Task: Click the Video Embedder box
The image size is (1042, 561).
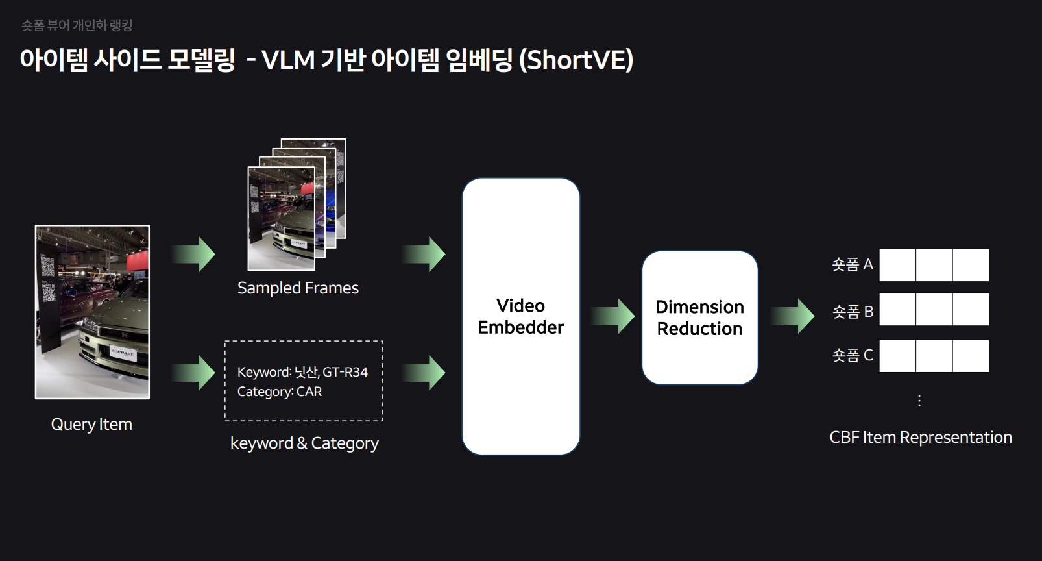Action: click(x=520, y=316)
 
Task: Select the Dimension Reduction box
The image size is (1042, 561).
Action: click(x=699, y=318)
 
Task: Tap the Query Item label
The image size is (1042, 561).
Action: click(x=91, y=424)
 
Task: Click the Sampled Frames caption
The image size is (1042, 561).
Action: click(x=298, y=288)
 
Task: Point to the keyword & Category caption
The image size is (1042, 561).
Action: click(x=304, y=443)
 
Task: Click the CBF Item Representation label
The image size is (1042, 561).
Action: click(x=920, y=437)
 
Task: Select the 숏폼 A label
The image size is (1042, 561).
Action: click(x=852, y=264)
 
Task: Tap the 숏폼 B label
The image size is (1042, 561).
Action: click(x=852, y=312)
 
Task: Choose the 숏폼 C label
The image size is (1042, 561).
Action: click(x=852, y=355)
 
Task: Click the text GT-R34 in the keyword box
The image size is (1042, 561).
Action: click(x=345, y=372)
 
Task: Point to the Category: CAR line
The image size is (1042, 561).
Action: click(x=280, y=392)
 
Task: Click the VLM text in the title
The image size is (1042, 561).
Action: click(x=288, y=60)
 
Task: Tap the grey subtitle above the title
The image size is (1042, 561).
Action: click(x=77, y=25)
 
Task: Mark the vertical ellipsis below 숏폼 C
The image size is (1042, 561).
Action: click(x=919, y=401)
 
